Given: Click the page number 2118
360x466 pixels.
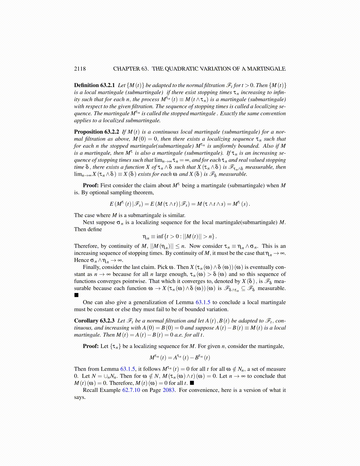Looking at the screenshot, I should click(80, 69).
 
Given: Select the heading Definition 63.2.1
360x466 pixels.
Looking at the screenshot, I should click(94, 85).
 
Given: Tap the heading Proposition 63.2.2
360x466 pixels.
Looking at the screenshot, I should click(96, 132).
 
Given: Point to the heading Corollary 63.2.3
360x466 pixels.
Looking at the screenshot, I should click(94, 321).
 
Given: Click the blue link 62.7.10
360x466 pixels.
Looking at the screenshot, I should click(131, 390).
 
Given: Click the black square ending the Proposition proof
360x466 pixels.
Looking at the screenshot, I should click(76, 295).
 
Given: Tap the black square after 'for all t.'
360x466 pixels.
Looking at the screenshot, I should click(192, 383).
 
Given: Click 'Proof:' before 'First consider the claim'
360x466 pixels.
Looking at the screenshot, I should click(91, 185).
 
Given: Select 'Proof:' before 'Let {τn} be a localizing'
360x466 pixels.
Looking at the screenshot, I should click(91, 346).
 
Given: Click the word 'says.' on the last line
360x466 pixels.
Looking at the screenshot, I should click(80, 397).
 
